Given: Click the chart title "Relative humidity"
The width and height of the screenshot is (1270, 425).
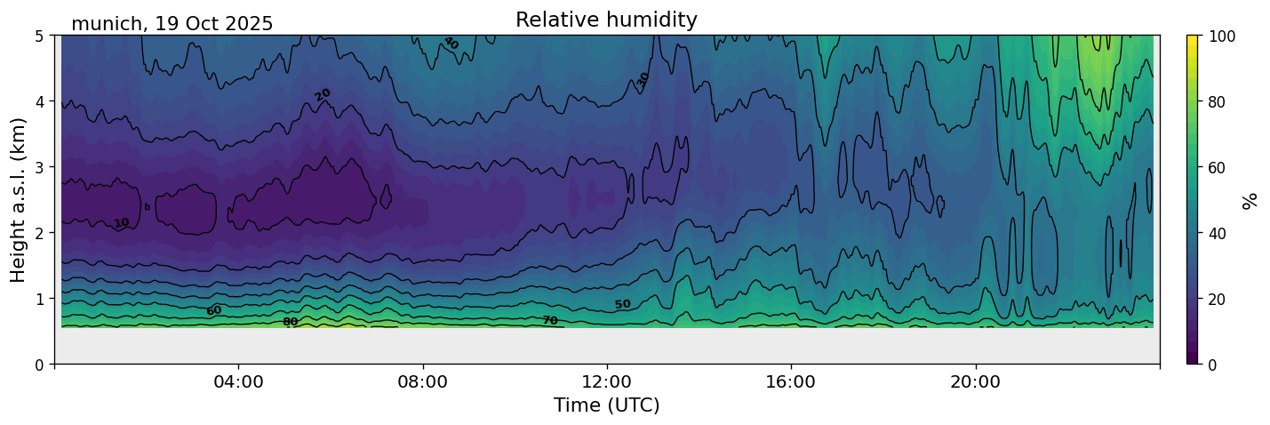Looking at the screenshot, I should coord(606,20).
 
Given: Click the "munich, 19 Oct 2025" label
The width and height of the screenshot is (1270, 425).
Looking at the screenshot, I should coord(172,24).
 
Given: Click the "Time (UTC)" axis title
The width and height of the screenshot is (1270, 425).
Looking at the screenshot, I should coord(606,406).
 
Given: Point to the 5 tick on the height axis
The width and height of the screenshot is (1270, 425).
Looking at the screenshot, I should coord(40,36).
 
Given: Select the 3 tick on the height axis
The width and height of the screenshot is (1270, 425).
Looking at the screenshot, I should coord(40,167).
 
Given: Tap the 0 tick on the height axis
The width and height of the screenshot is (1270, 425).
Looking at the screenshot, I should coord(40,365).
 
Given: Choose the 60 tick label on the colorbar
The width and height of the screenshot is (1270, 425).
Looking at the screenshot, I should coord(1218,167).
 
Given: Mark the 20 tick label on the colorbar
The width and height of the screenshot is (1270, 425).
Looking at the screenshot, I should coord(1218,299).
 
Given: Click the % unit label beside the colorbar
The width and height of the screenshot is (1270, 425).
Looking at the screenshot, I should coord(1250,200).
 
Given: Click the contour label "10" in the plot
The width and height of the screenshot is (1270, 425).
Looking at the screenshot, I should coord(122,223).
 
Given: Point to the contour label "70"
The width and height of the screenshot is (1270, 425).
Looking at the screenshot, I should coord(550,320).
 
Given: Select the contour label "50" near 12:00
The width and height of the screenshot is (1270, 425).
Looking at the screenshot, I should coord(622,305).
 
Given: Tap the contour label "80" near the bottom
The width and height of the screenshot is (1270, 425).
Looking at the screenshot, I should coord(290,322).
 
